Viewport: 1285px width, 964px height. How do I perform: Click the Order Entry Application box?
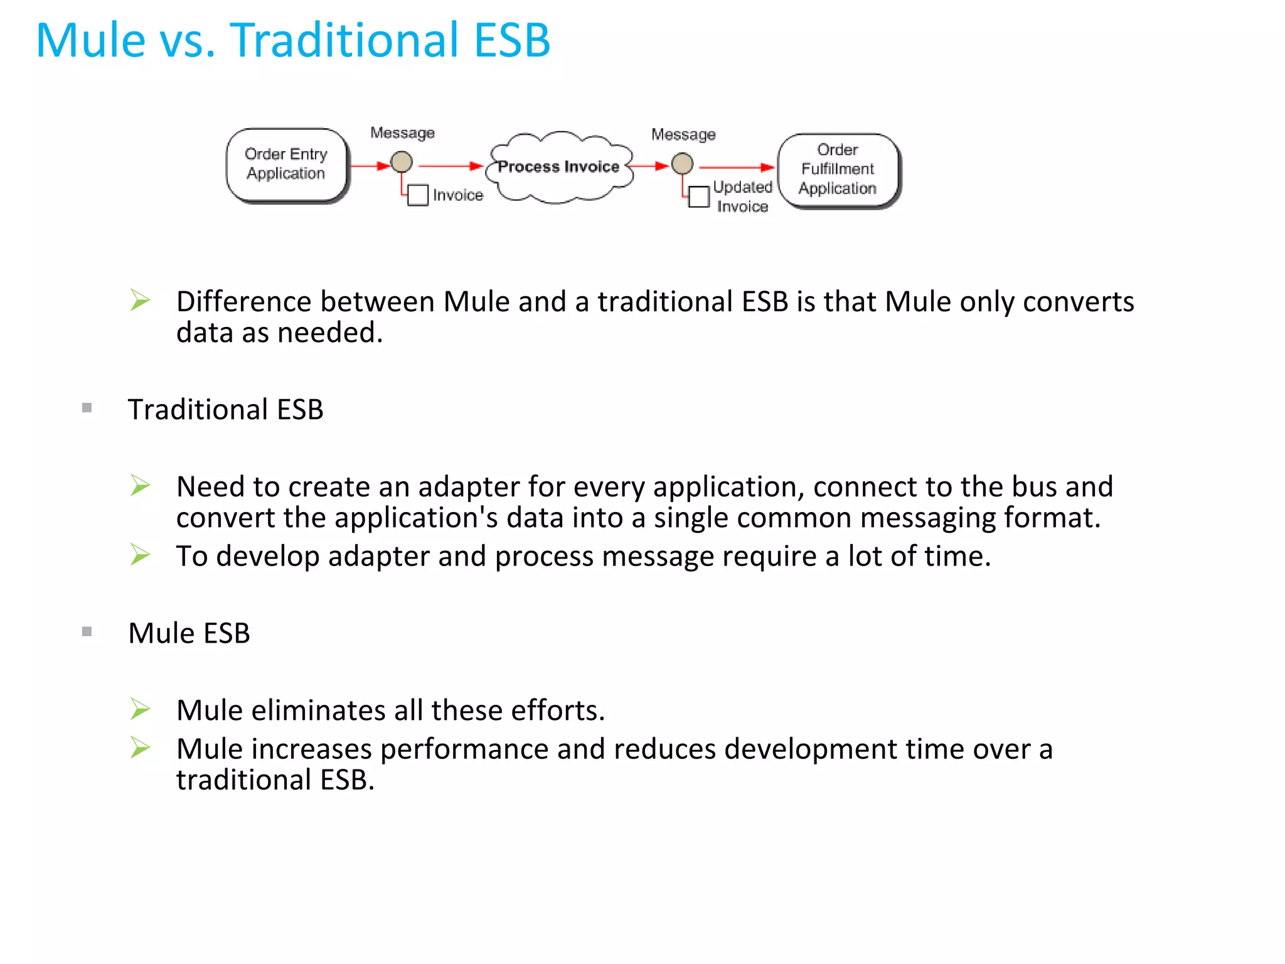286,164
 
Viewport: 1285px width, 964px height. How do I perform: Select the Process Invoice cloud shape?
558,167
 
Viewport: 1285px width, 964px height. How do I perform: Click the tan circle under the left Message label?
402,162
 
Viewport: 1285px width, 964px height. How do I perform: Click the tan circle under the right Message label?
682,164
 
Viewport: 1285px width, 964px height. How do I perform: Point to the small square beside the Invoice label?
418,195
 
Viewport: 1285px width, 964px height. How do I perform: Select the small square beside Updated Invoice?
699,196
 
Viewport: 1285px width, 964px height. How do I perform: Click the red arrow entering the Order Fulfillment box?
738,168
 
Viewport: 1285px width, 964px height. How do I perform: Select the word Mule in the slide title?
92,40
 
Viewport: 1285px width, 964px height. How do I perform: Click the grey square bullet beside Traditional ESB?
87,409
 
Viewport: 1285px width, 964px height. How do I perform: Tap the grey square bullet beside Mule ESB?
87,632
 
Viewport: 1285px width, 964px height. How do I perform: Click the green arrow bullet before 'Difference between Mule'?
141,300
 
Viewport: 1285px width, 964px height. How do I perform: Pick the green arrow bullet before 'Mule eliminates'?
141,709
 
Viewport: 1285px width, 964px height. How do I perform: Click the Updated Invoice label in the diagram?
742,196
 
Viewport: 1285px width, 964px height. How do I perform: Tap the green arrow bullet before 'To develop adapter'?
141,555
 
